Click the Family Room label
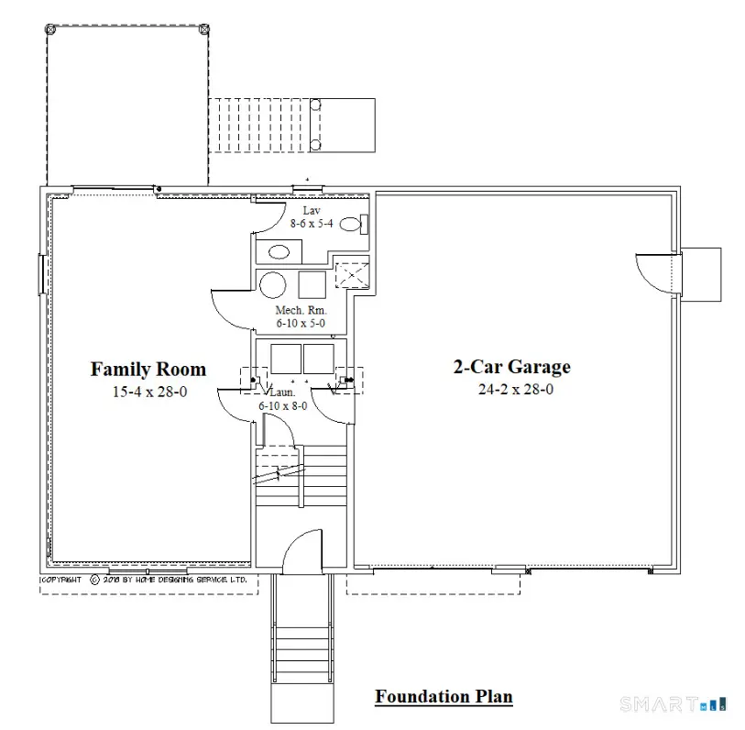coord(148,370)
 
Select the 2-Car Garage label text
coord(511,367)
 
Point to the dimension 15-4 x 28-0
coord(148,392)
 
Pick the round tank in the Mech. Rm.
coord(273,284)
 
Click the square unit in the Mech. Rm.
coord(312,284)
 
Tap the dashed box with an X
coord(351,276)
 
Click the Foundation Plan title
coord(444,697)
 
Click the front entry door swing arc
coord(301,550)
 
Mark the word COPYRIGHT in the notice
coord(60,580)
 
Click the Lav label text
coord(311,211)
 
